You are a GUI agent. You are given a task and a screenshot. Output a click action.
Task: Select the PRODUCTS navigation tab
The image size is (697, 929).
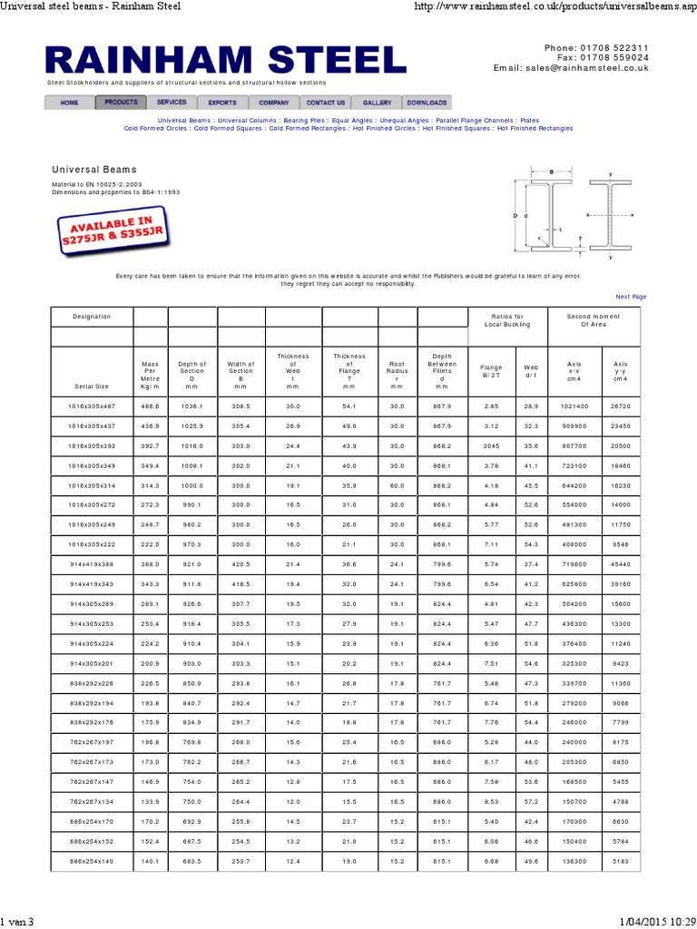point(120,103)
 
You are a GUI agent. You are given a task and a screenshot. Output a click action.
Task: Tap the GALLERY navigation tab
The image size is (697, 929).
point(377,103)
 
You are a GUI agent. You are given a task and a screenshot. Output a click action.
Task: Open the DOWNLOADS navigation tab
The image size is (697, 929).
point(427,103)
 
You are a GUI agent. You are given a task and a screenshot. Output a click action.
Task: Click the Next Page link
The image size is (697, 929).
point(631,297)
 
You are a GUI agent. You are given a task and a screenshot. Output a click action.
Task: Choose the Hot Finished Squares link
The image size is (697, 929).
point(457,129)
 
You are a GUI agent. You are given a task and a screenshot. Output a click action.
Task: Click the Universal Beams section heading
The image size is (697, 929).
point(94,170)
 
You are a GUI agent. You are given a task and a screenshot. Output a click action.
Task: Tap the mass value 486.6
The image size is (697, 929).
point(151,406)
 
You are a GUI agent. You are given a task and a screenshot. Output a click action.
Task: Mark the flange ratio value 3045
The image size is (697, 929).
point(491,446)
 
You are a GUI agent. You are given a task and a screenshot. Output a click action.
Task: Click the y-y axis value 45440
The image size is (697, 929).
point(620,564)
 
